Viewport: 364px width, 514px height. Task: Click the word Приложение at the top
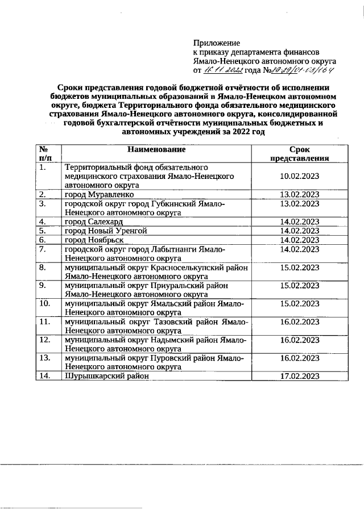217,43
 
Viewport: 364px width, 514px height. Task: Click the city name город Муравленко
99,194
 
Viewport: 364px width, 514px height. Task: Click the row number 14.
45,376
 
